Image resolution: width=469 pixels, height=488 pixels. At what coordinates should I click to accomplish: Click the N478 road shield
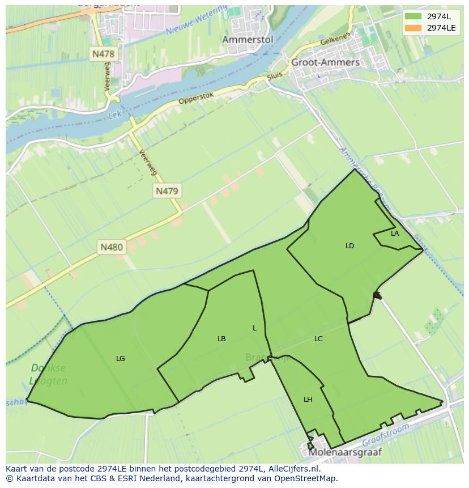(x=103, y=54)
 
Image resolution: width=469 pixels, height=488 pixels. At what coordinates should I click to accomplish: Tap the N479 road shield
(x=167, y=191)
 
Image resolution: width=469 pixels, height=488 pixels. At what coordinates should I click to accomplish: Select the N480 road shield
(x=112, y=247)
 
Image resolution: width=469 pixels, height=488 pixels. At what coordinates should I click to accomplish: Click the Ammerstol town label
(x=248, y=40)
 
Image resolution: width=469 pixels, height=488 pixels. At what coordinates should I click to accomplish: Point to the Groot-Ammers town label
(x=325, y=62)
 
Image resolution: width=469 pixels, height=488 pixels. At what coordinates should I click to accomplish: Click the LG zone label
(x=120, y=359)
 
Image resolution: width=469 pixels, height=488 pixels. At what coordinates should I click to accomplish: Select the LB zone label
(x=221, y=339)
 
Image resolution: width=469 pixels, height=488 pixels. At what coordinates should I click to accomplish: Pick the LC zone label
(x=318, y=339)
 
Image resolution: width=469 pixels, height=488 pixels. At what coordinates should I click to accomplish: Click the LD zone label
(x=349, y=246)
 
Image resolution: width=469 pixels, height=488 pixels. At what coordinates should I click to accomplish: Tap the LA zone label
(x=395, y=234)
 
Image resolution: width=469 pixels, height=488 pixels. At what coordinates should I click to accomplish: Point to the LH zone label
(x=308, y=400)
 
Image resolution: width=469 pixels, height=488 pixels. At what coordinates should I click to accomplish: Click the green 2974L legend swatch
(x=413, y=16)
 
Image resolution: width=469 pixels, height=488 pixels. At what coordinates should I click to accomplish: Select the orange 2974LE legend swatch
(x=413, y=28)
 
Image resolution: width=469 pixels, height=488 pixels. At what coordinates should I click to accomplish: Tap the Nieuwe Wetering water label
(x=197, y=21)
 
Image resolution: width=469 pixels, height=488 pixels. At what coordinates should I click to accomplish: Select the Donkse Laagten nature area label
(x=49, y=375)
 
